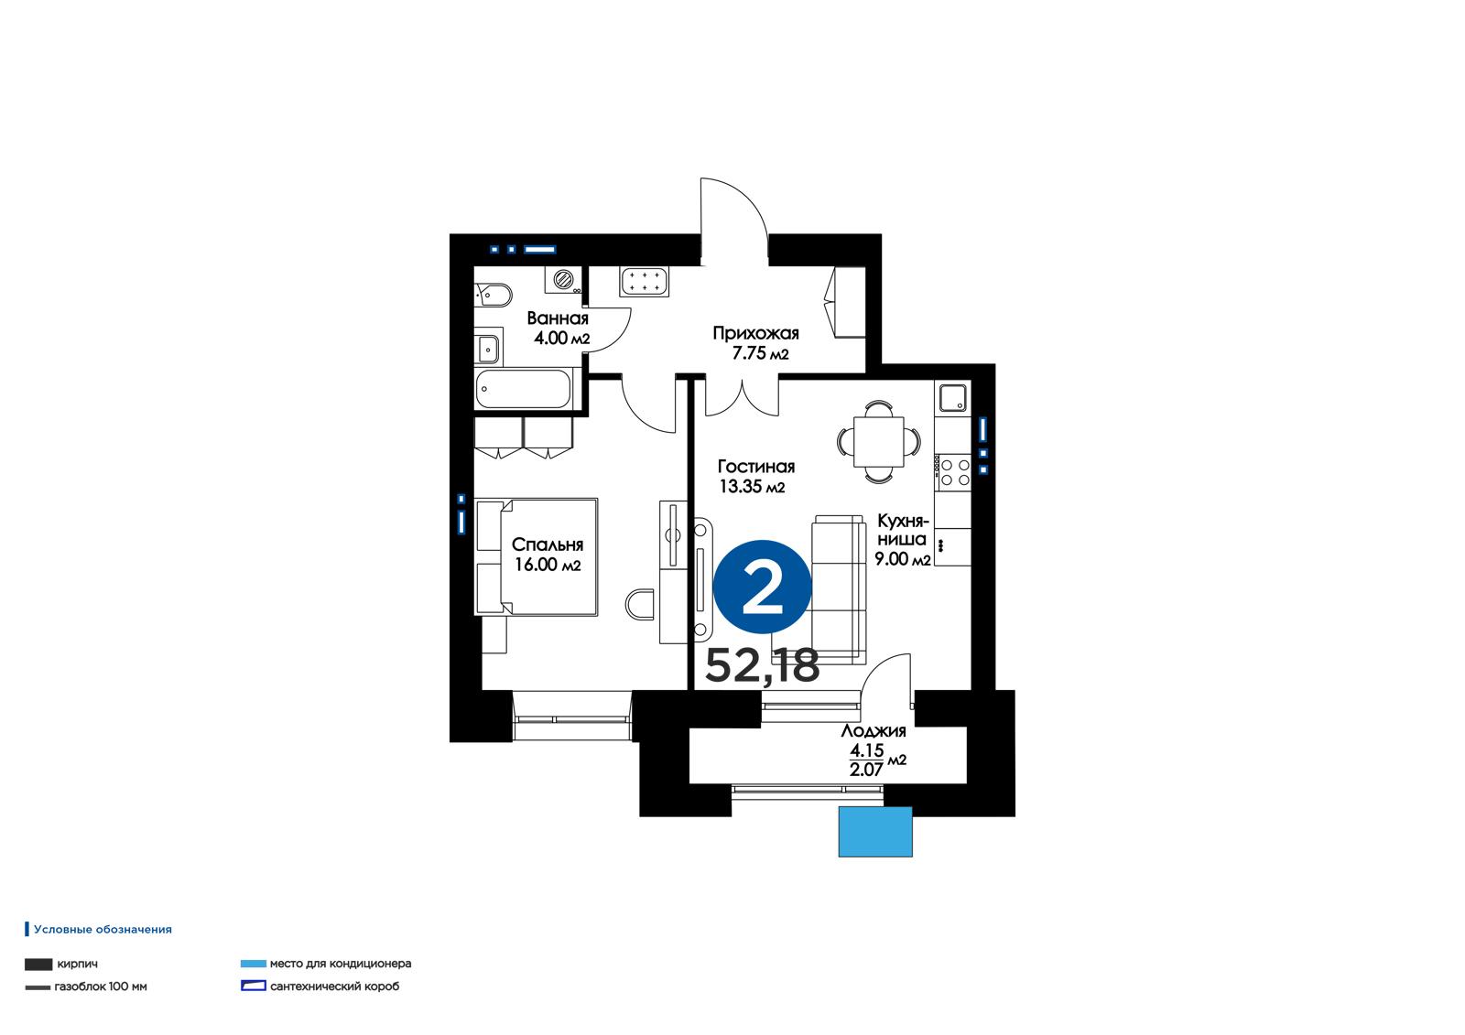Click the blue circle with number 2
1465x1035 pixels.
(x=763, y=587)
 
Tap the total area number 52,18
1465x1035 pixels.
(x=762, y=665)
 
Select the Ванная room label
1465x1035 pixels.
(x=558, y=318)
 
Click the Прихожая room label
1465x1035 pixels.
(x=756, y=333)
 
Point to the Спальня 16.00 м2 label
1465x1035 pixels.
(x=548, y=555)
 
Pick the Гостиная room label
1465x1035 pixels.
(x=756, y=466)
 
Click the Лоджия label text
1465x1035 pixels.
(x=874, y=731)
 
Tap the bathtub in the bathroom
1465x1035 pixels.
(x=523, y=389)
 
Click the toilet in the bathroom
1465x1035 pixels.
(x=494, y=295)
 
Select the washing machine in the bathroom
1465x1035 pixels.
(x=563, y=280)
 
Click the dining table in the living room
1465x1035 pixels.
(x=879, y=441)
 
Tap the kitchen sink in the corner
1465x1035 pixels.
(x=953, y=397)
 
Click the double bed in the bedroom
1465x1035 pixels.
(x=537, y=557)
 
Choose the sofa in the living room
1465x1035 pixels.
(x=839, y=589)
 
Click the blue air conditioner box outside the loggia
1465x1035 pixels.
(x=875, y=832)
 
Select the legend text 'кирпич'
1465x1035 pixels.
(x=77, y=964)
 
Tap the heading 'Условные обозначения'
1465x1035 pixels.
(x=103, y=929)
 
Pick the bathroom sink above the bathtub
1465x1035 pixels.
(x=488, y=347)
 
